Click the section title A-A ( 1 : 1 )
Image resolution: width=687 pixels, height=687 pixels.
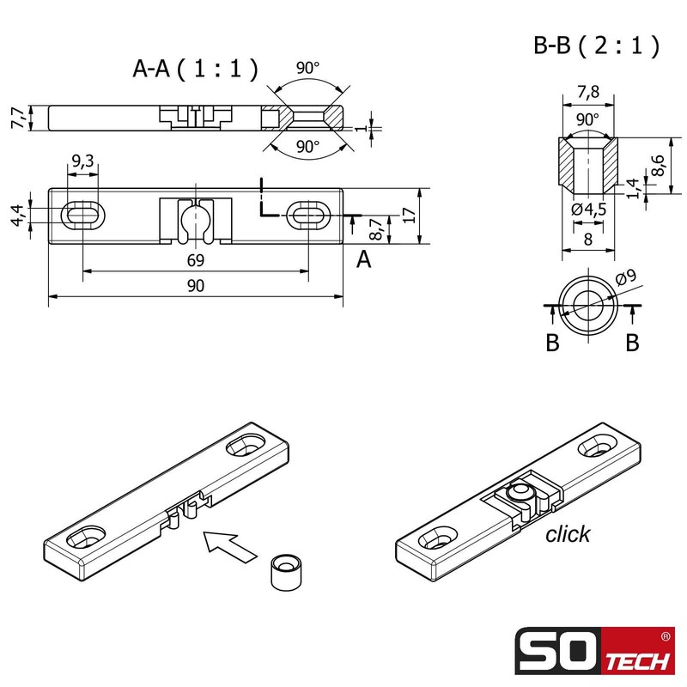pos(195,70)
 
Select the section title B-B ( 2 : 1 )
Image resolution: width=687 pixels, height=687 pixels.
pos(597,46)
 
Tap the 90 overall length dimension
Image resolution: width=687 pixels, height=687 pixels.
pos(195,287)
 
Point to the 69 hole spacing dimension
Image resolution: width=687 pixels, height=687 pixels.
pos(195,260)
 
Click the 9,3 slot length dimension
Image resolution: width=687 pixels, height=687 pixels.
pos(83,161)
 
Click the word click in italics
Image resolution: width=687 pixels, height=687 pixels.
pos(568,534)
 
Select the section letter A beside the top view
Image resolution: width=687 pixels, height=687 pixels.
pos(364,260)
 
